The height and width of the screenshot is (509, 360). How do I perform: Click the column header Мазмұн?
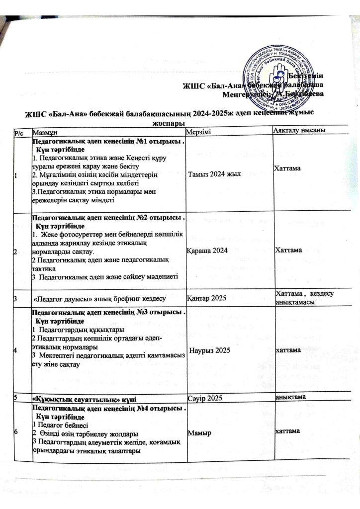44,131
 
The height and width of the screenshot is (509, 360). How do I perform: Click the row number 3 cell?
17,299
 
